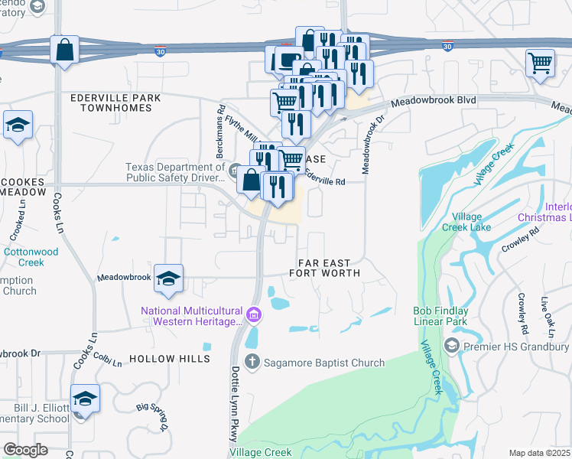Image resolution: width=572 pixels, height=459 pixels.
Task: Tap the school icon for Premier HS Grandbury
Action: tap(452, 347)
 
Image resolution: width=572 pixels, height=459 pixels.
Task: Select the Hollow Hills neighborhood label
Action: tap(169, 358)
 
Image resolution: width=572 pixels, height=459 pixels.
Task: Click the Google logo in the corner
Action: tap(25, 450)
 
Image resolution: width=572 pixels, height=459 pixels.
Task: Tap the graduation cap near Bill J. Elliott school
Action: tap(85, 399)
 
